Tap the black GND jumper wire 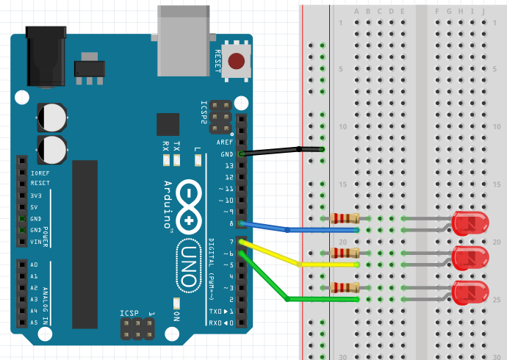pos(279,151)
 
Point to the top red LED pos(469,223)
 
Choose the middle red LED pos(470,258)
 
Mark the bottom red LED pos(470,292)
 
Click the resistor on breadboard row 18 pos(345,218)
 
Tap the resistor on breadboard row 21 pos(345,253)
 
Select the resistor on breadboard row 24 pos(345,287)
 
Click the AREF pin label pos(226,143)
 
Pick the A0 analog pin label pos(34,264)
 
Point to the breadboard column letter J pos(483,11)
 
